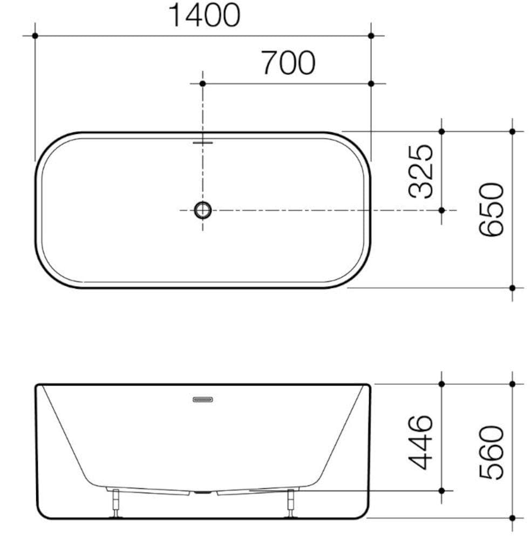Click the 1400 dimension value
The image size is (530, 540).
204,15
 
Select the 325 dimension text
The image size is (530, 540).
422,171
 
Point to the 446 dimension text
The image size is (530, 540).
422,442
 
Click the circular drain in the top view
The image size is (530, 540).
203,210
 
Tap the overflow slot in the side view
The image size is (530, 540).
203,400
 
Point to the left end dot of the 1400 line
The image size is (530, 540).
35,36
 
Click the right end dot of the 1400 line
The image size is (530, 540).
371,36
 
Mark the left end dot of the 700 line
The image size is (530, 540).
202,83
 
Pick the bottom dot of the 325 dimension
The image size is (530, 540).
441,210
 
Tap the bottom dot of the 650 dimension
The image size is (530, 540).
512,288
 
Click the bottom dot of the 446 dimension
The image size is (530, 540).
441,490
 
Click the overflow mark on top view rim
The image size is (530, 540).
203,142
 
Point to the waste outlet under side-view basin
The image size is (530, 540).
203,492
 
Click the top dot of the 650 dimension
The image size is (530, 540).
512,131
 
